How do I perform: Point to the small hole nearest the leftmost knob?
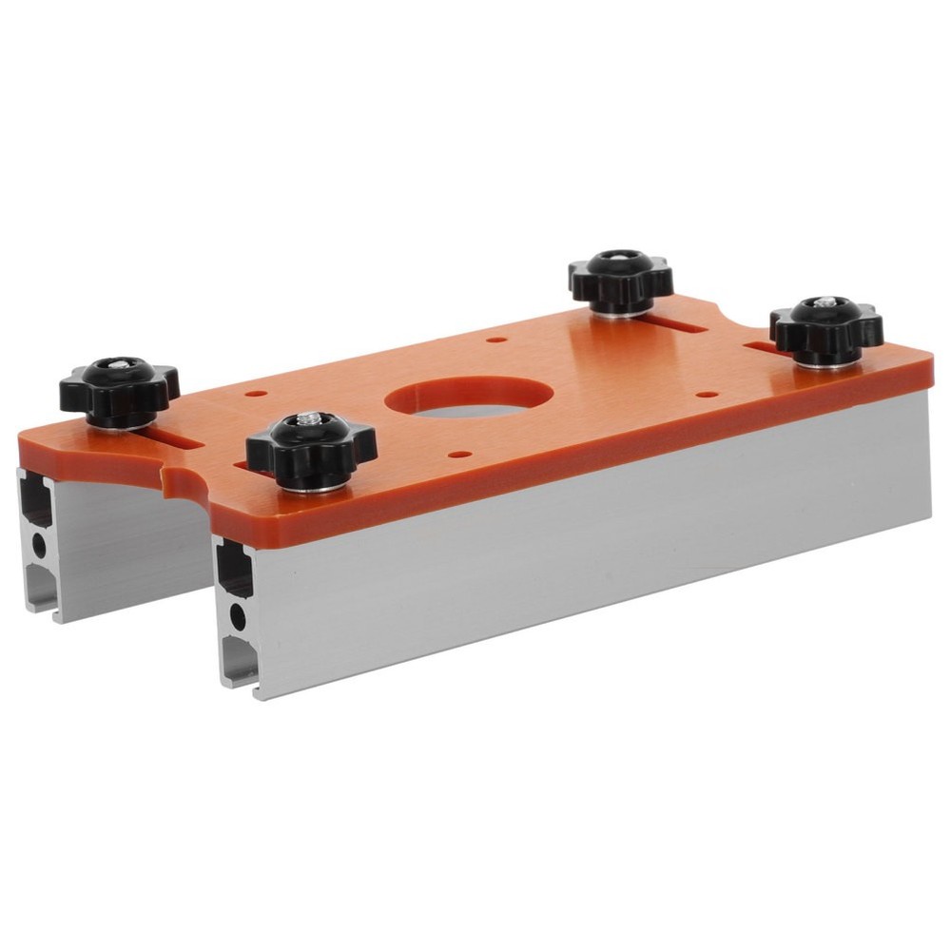pyautogui.click(x=252, y=392)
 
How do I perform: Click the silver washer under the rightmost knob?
pyautogui.click(x=825, y=359)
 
